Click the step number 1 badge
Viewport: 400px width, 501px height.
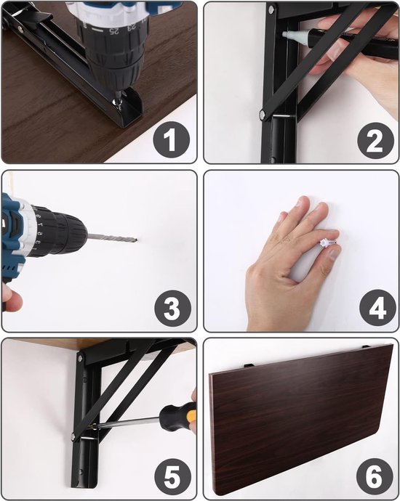coord(171,140)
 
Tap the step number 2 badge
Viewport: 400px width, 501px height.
coord(375,141)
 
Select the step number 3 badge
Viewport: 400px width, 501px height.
coord(172,308)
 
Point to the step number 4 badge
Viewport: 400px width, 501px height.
coord(377,308)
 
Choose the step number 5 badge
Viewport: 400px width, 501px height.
coord(172,477)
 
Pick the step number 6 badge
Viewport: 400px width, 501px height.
coord(375,477)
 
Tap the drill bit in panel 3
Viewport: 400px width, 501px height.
coord(112,238)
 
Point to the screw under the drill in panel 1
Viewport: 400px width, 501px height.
coord(117,102)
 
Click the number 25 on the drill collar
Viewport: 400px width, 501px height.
coord(113,30)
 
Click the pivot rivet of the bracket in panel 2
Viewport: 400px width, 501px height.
coord(263,114)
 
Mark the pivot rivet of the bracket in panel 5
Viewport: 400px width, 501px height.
coord(73,436)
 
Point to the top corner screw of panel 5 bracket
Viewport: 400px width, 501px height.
coord(80,357)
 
